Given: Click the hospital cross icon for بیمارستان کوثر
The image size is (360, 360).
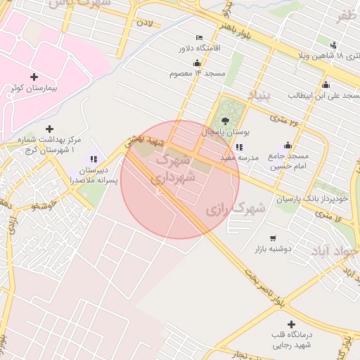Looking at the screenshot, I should pos(34,76).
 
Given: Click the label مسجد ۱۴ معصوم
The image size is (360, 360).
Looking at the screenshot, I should pos(196,72).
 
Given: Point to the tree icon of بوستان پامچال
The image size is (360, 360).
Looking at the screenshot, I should pos(225,120).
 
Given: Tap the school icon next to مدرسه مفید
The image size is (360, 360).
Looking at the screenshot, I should pos(239,147).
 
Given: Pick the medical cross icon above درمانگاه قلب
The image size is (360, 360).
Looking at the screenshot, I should pos(271,324).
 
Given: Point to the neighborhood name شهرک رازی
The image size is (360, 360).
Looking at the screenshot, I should pos(236,209).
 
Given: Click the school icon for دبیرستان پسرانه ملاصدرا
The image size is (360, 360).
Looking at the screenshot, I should pos(94,159).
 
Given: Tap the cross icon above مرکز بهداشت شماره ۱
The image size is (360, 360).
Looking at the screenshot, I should pos(49,129).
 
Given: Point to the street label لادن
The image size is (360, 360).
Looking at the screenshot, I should pos(144,23).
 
